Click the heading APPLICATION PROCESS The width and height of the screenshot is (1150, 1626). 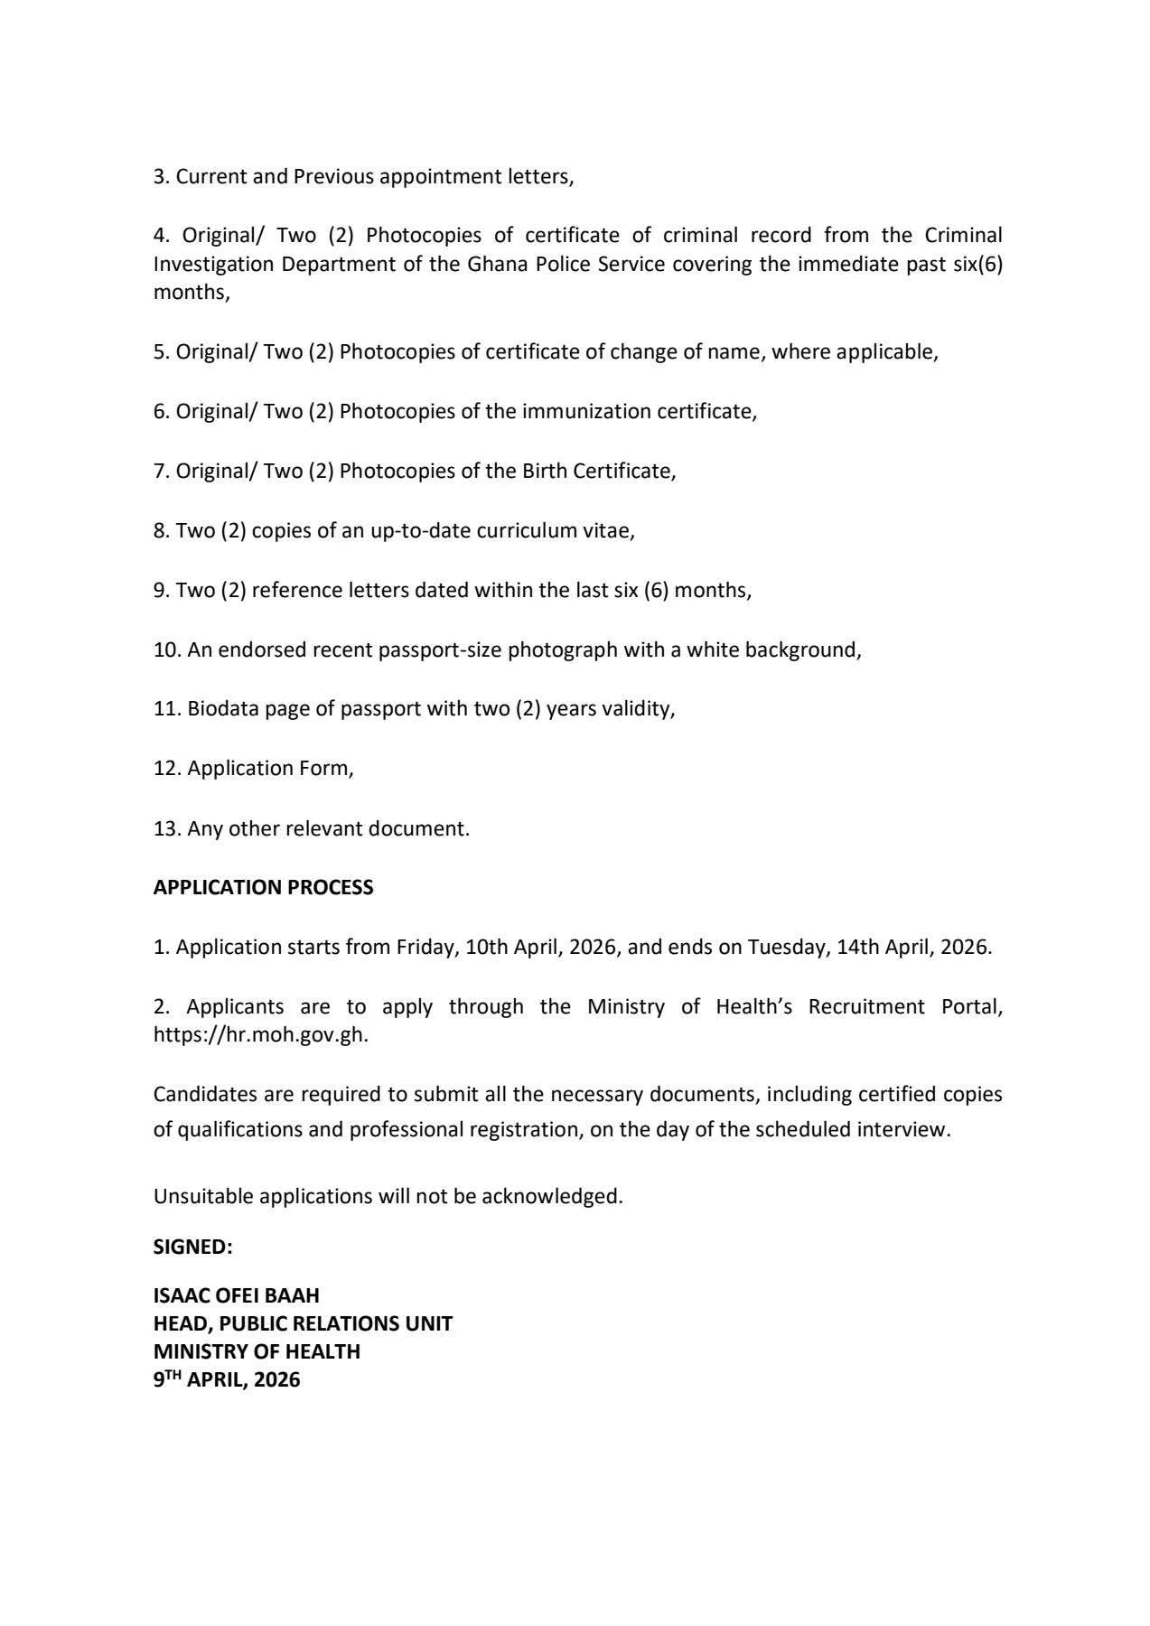point(263,887)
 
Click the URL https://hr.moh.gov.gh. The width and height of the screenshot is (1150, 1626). point(260,1035)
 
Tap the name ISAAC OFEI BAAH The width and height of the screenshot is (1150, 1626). point(236,1295)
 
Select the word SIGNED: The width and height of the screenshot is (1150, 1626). point(192,1247)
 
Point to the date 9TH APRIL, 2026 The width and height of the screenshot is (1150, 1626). point(226,1379)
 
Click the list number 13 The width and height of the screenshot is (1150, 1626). point(166,828)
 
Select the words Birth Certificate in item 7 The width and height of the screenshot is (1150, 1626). point(597,471)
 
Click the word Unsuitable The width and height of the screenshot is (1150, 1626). point(203,1196)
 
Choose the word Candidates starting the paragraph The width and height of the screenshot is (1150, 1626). point(204,1095)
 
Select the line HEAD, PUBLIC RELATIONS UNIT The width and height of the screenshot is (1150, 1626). point(303,1323)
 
